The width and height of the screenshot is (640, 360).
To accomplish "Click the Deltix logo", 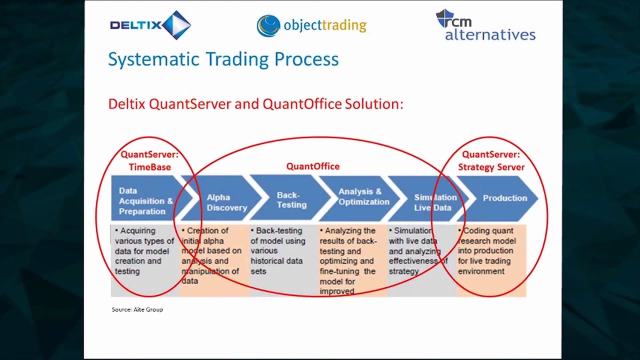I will tap(150, 25).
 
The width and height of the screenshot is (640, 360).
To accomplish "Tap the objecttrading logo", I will tap(311, 25).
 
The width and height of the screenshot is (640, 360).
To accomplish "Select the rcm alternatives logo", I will tap(485, 25).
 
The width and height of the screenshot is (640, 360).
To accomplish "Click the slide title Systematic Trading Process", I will tap(223, 59).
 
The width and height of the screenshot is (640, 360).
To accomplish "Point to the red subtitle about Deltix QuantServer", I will tap(255, 104).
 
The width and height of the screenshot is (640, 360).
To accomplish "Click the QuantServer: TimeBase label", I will tap(149, 161).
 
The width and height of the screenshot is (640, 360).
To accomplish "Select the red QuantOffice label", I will tap(312, 166).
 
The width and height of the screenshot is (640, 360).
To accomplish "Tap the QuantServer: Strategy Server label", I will tap(491, 161).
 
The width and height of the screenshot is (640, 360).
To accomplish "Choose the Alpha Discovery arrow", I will tap(226, 202).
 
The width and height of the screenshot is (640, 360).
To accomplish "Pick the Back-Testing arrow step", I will tap(291, 200).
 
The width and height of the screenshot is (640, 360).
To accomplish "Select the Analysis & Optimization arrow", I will tap(363, 196).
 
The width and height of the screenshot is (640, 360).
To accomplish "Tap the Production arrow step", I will tap(504, 198).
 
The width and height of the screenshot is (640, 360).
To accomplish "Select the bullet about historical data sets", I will tap(278, 251).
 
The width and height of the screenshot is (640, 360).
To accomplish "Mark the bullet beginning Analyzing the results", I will tap(348, 260).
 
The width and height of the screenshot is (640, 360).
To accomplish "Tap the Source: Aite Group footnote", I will tap(137, 309).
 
